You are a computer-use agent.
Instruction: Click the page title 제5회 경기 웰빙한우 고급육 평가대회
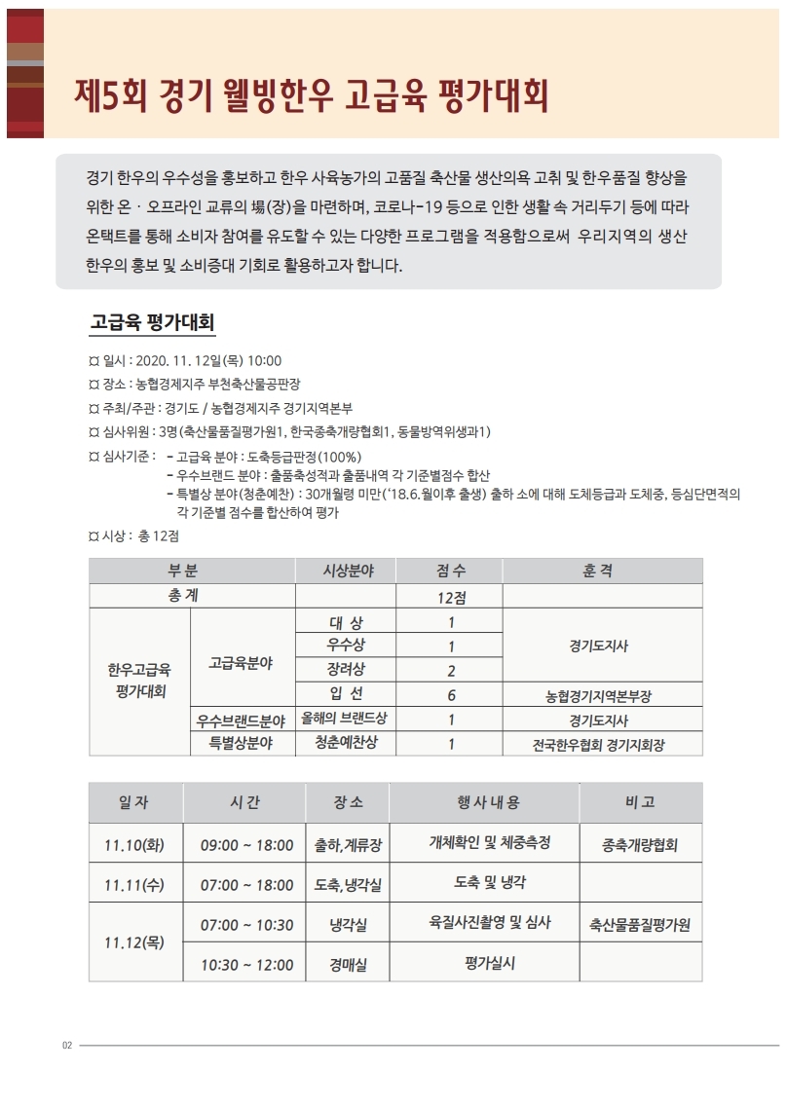point(312,96)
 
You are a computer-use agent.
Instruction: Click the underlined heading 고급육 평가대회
point(152,321)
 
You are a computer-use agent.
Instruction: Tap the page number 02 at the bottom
point(67,1046)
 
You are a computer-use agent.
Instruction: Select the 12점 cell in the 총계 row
point(451,596)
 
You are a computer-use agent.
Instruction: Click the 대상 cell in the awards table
point(347,621)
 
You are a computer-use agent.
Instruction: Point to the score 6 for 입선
point(451,695)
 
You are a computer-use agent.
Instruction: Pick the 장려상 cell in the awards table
point(347,670)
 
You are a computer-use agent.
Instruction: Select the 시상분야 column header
point(347,571)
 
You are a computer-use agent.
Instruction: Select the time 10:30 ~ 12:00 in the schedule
point(246,964)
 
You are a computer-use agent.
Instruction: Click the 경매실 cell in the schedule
point(348,964)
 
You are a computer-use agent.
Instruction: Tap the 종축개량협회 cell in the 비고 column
point(640,844)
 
